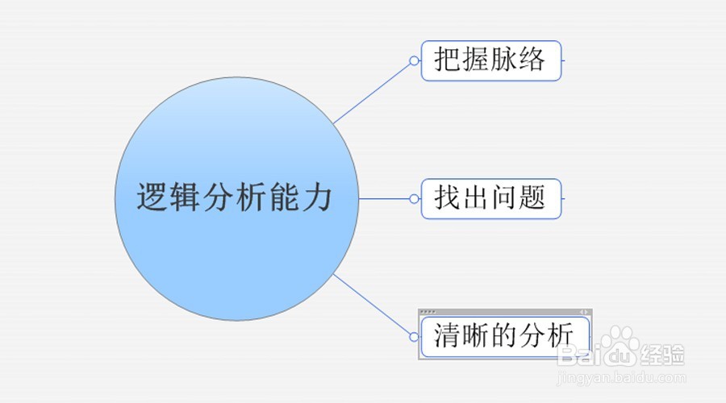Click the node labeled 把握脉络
[490, 60]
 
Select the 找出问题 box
[490, 198]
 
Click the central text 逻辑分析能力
[235, 197]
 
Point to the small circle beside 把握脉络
[414, 60]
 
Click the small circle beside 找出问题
[414, 198]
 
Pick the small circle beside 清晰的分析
[414, 335]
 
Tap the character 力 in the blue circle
[317, 197]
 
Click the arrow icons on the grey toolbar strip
[584, 312]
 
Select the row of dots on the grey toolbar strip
[428, 312]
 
